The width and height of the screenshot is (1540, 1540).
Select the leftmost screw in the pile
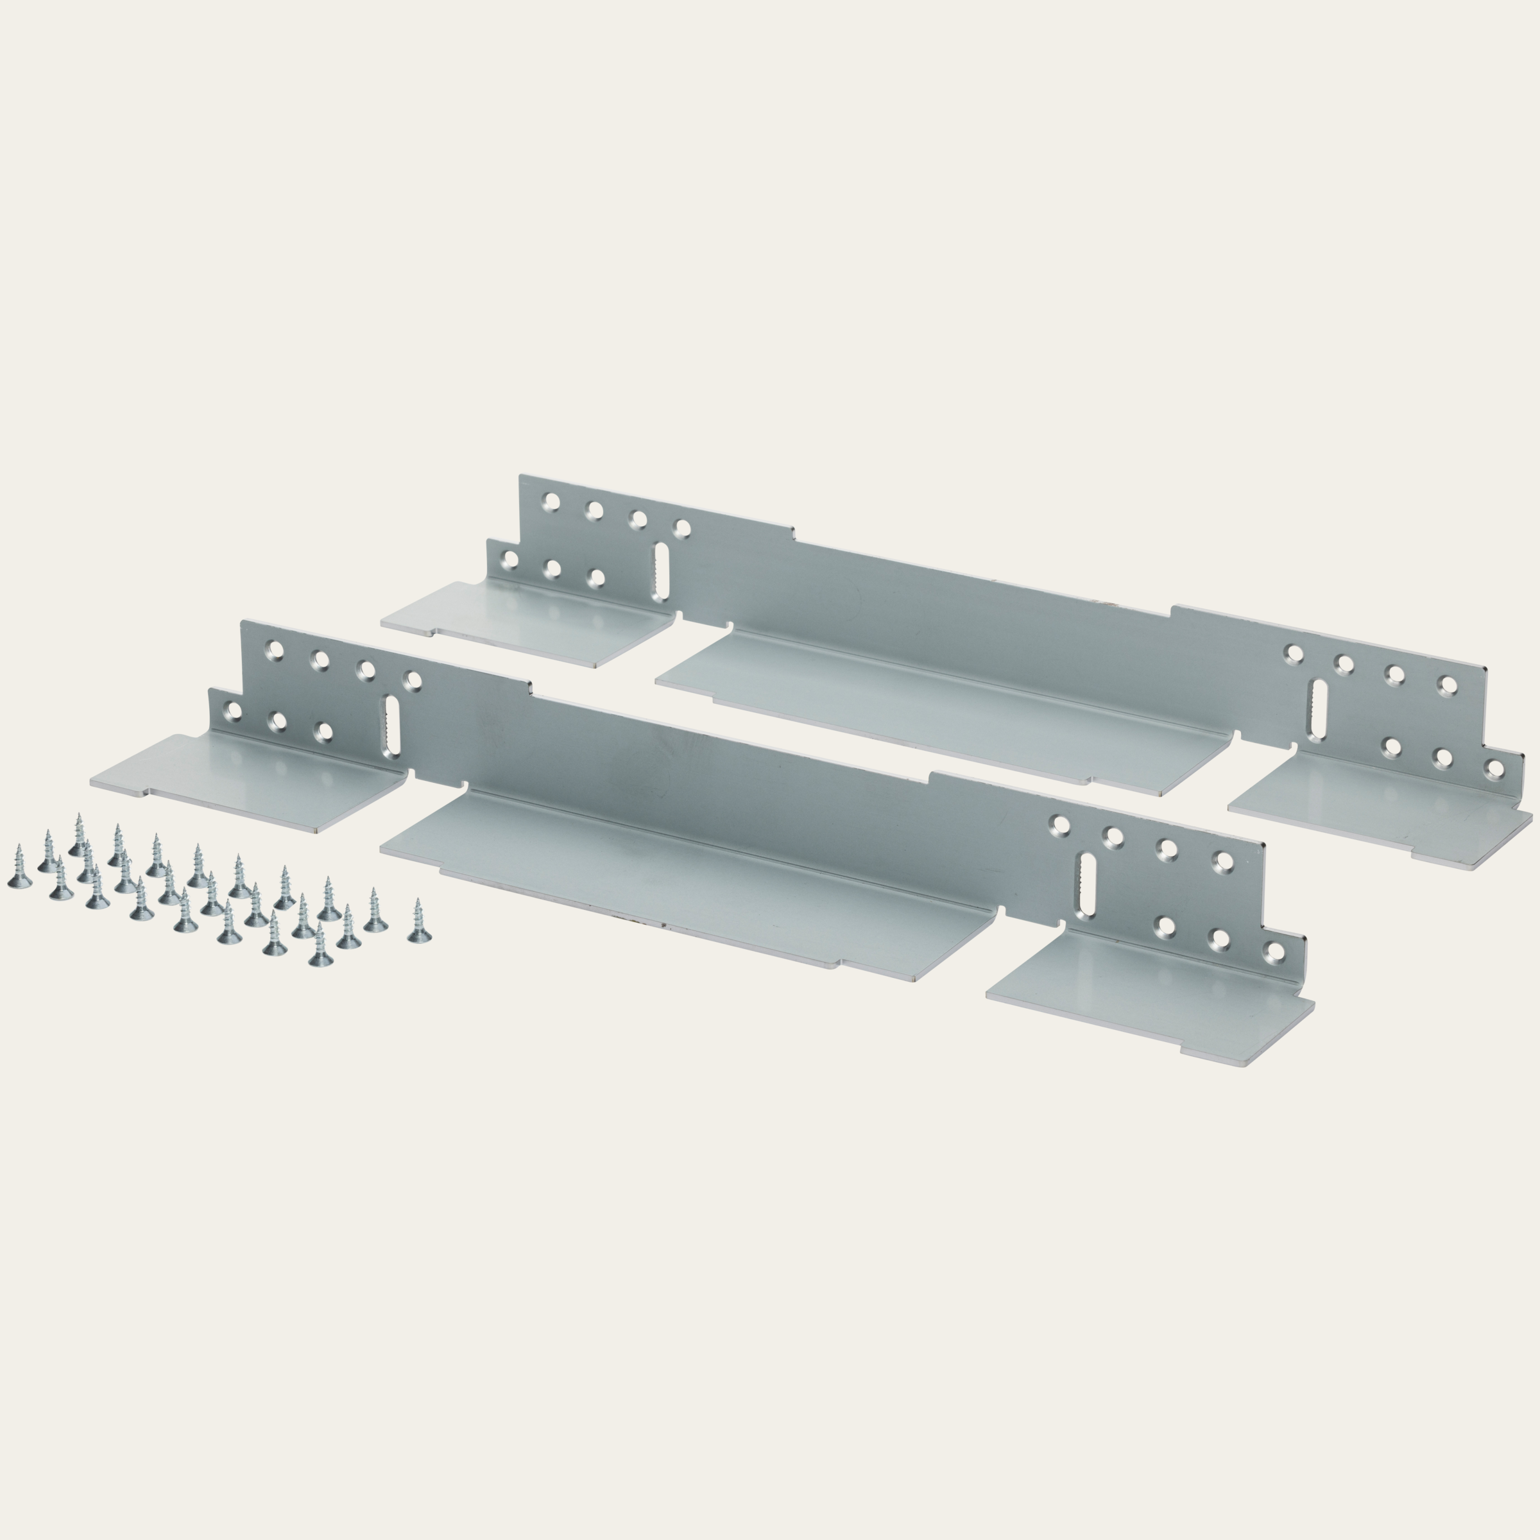(x=17, y=873)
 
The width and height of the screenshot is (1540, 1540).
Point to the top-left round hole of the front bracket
(x=276, y=651)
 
